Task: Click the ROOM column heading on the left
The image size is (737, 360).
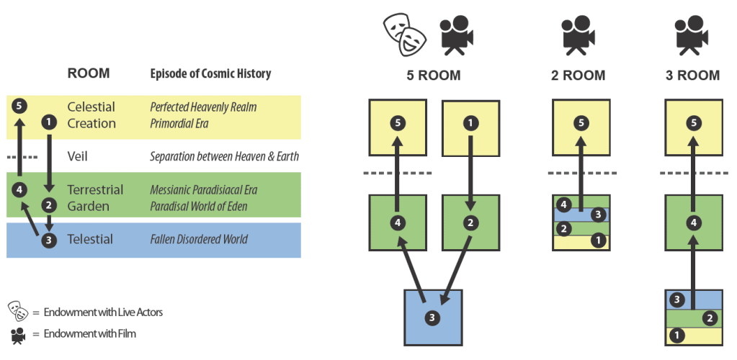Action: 89,73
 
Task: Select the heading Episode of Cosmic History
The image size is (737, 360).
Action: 210,74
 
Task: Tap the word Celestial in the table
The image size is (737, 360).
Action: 91,107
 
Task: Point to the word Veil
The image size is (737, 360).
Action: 79,156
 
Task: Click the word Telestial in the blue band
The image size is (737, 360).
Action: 90,239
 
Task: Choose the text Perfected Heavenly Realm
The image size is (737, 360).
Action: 203,107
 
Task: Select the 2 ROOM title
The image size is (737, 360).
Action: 580,76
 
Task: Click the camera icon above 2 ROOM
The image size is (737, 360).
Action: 581,35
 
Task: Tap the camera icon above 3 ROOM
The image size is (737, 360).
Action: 693,35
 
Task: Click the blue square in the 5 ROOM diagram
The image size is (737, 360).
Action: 432,317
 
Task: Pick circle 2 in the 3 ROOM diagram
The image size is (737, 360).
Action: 709,318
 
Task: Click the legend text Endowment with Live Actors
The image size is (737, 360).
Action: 103,312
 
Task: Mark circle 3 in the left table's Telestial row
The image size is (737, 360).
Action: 48,240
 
